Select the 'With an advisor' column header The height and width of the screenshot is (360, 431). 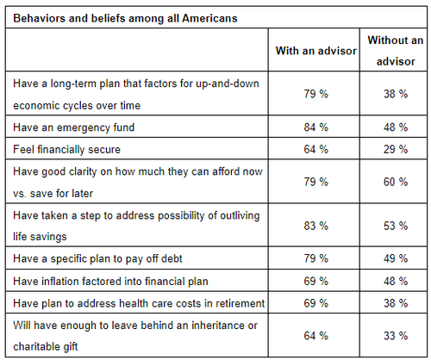[x=315, y=51]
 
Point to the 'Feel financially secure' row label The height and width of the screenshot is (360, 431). [x=67, y=149]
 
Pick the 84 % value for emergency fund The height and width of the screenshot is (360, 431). [x=315, y=127]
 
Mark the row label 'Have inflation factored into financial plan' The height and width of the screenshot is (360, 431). [x=110, y=282]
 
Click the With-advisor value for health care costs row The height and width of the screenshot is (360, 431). [x=315, y=304]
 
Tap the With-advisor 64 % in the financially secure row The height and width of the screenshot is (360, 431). [x=315, y=149]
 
